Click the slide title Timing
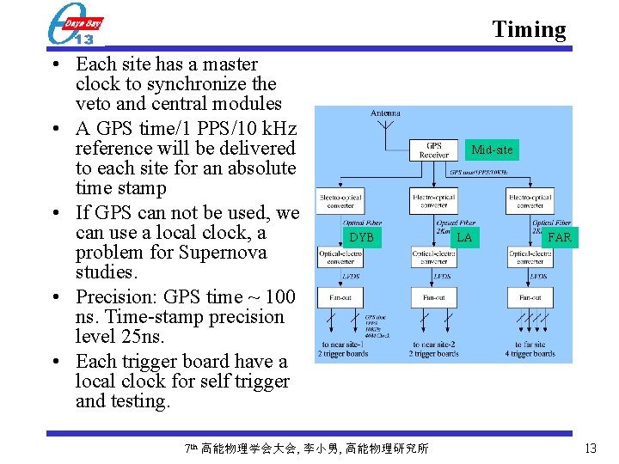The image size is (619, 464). click(x=529, y=29)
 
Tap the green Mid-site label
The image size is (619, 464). click(x=492, y=150)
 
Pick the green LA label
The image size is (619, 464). click(x=464, y=237)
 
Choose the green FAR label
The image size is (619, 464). click(x=559, y=237)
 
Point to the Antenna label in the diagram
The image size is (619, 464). click(x=385, y=113)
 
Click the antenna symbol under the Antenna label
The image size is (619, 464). click(x=384, y=131)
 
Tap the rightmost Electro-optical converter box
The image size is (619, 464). click(x=530, y=200)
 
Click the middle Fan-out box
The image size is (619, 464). click(x=434, y=297)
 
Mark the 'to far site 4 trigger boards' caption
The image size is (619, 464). click(x=530, y=350)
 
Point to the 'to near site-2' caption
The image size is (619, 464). click(x=434, y=345)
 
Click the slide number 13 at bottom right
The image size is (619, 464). click(x=590, y=448)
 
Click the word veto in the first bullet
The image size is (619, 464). click(x=95, y=104)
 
